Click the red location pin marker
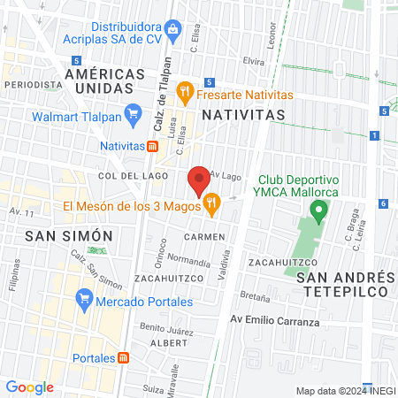(199, 181)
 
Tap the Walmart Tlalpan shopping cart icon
(134, 112)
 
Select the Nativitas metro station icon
(152, 145)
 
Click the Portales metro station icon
(124, 358)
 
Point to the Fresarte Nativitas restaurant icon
(184, 89)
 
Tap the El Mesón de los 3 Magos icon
(211, 208)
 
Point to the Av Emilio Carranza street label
(274, 321)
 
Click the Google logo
(29, 387)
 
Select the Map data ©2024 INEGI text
(344, 391)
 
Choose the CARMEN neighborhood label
(205, 237)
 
